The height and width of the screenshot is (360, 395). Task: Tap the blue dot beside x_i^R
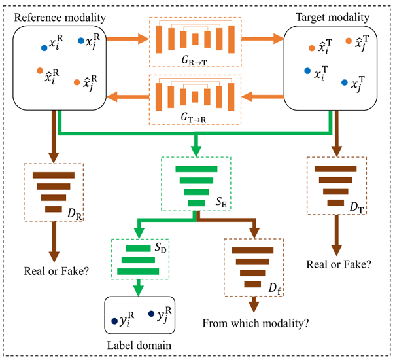point(44,47)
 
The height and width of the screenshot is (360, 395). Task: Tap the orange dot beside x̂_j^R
point(78,82)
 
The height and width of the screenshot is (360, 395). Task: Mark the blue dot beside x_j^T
point(344,83)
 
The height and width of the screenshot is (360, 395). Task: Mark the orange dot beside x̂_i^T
point(312,47)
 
